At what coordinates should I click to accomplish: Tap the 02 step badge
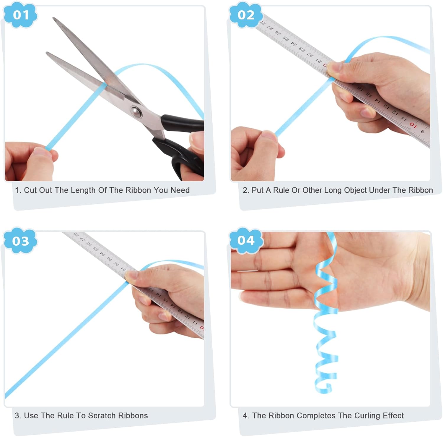pos(246,14)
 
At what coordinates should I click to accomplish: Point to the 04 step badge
pos(246,240)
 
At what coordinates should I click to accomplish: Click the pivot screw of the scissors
pos(136,112)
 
